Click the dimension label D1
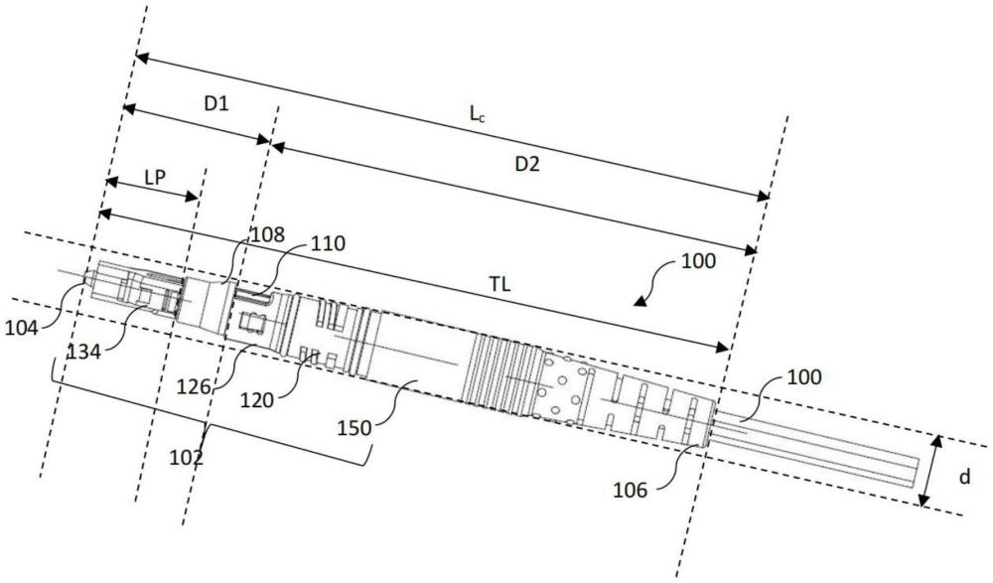(215, 103)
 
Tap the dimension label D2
(527, 164)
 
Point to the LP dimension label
(155, 177)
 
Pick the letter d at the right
(964, 477)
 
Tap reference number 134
(83, 351)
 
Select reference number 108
(267, 235)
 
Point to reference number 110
(328, 243)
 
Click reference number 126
(194, 385)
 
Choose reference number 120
(257, 400)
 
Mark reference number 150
(355, 428)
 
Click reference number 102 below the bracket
(187, 456)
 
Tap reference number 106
(631, 490)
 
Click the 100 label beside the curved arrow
(698, 261)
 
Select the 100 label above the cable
(804, 377)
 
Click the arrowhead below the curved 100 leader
(639, 302)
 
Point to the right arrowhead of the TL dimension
(722, 347)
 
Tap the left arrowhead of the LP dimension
(112, 182)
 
